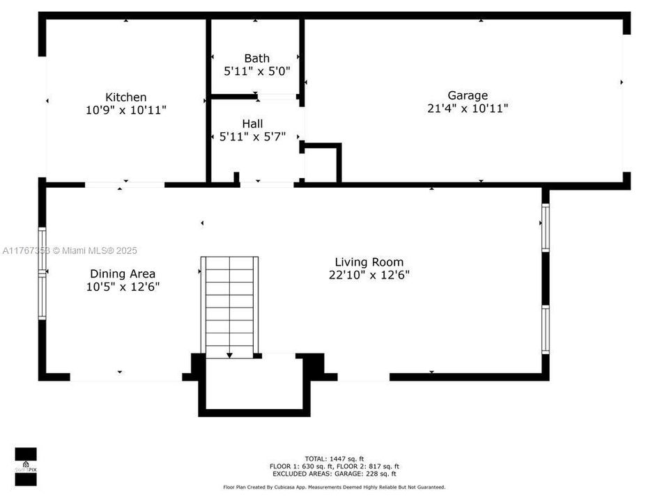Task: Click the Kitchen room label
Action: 125,97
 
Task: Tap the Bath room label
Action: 256,58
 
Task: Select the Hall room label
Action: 252,124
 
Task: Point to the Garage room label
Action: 467,95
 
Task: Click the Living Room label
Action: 369,262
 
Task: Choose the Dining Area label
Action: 123,274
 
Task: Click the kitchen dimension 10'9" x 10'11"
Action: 125,110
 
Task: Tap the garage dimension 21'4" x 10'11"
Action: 467,108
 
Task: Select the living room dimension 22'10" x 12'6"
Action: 369,275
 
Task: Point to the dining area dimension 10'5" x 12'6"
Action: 123,287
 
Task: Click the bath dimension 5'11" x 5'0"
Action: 256,71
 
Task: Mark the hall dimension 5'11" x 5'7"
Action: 252,136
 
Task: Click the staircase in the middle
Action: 229,306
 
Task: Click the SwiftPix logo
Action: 26,464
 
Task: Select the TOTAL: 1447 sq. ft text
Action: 334,459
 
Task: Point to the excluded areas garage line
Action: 334,474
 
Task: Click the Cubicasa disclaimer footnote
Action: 334,487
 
